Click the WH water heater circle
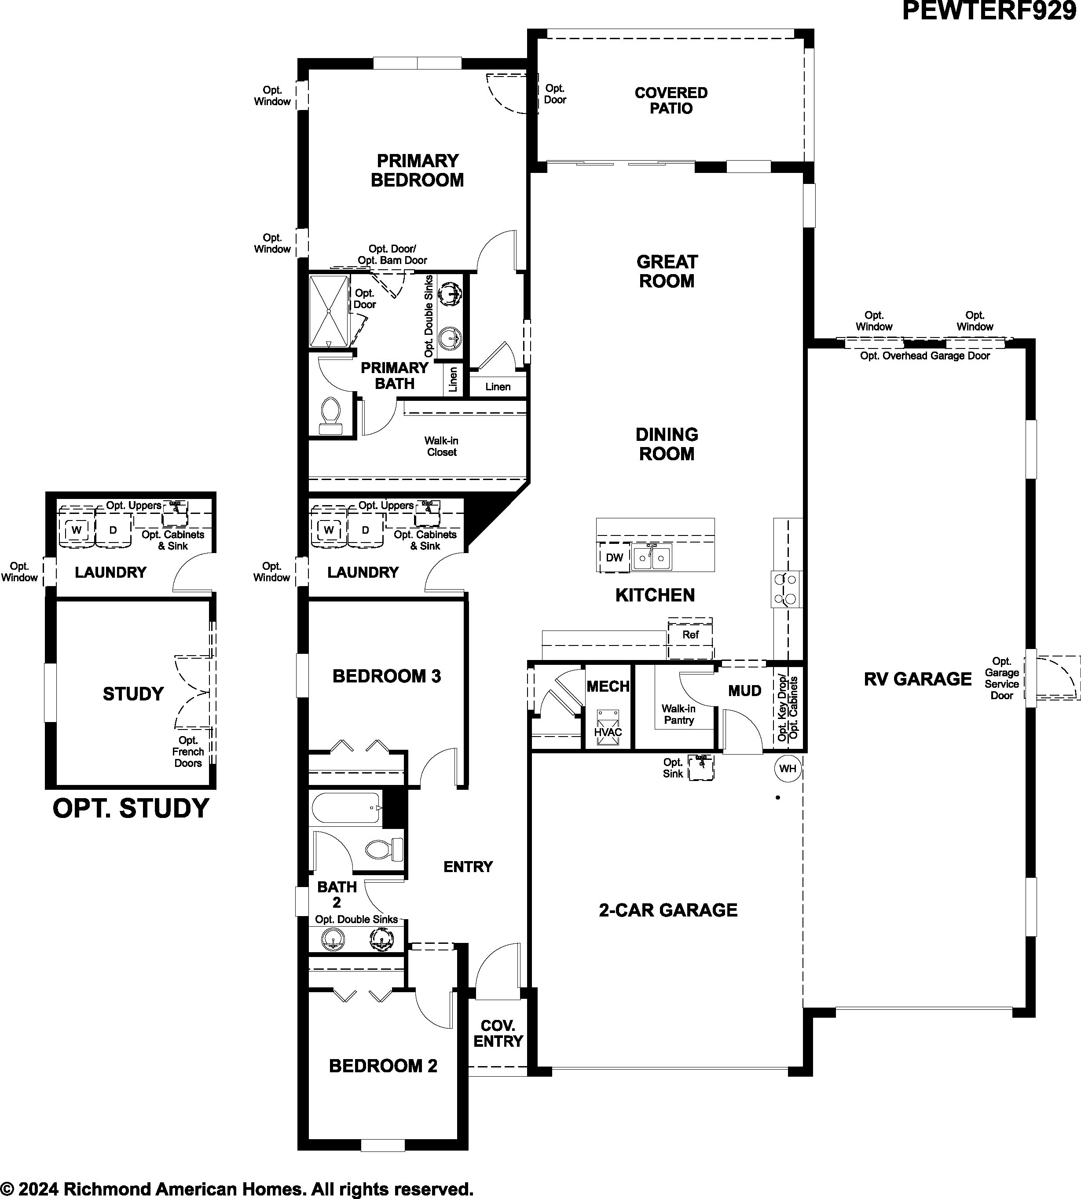[788, 768]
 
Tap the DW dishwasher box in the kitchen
[614, 557]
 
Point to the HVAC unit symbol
[608, 725]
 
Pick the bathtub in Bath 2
[346, 808]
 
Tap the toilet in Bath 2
[383, 849]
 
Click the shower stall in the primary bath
[329, 311]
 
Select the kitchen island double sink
[652, 557]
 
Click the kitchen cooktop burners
[786, 589]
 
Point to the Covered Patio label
[671, 100]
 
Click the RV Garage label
[918, 679]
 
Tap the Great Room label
[667, 271]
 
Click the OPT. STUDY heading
[131, 808]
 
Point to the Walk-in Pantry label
[678, 715]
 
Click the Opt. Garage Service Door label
[1001, 678]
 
